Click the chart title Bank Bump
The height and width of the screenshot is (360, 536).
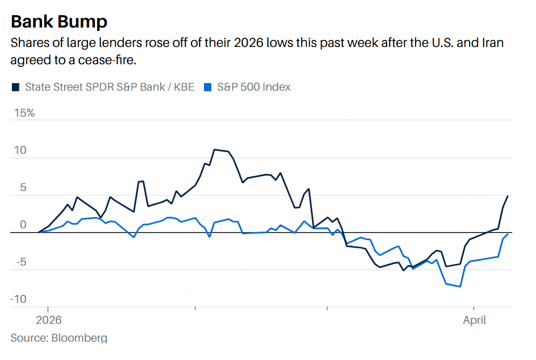coord(59,22)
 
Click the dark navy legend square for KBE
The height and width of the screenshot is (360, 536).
coord(16,86)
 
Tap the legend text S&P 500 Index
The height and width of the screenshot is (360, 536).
coord(254,86)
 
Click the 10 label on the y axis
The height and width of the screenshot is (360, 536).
coord(20,150)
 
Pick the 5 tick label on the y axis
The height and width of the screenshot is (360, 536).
coord(23,187)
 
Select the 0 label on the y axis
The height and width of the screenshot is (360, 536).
coord(23,225)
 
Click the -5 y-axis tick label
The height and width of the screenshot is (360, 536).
coord(20,262)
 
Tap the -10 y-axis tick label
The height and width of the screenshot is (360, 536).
coord(18,299)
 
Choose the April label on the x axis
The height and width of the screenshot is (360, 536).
coord(474,320)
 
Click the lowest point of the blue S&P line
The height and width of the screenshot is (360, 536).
coord(460,287)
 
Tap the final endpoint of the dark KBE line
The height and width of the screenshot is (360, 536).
coord(508,196)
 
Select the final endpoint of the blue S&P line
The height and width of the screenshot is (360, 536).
coord(508,234)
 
